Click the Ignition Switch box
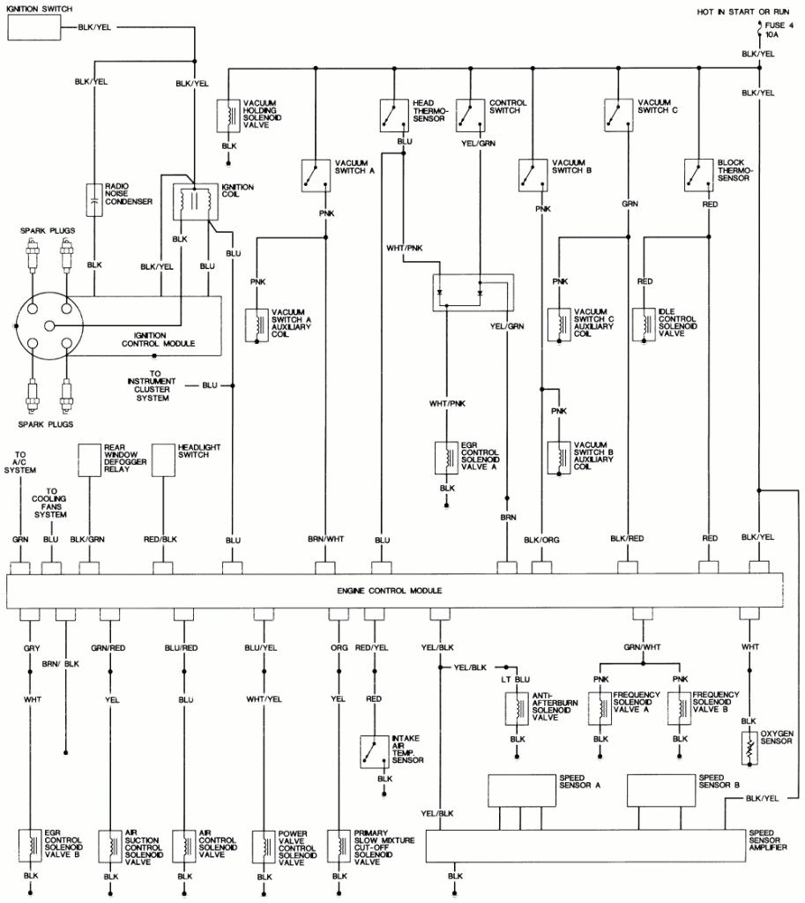click(x=34, y=28)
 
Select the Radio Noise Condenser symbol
click(x=93, y=200)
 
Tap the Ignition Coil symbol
click(x=193, y=202)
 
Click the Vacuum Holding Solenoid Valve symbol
click(x=228, y=115)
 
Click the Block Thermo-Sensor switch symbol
click(x=699, y=174)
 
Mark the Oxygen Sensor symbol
click(x=749, y=746)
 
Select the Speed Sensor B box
click(x=661, y=790)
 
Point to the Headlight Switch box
click(x=163, y=459)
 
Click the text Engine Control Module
click(x=389, y=590)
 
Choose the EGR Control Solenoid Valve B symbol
click(x=30, y=844)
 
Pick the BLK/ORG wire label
click(x=541, y=538)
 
